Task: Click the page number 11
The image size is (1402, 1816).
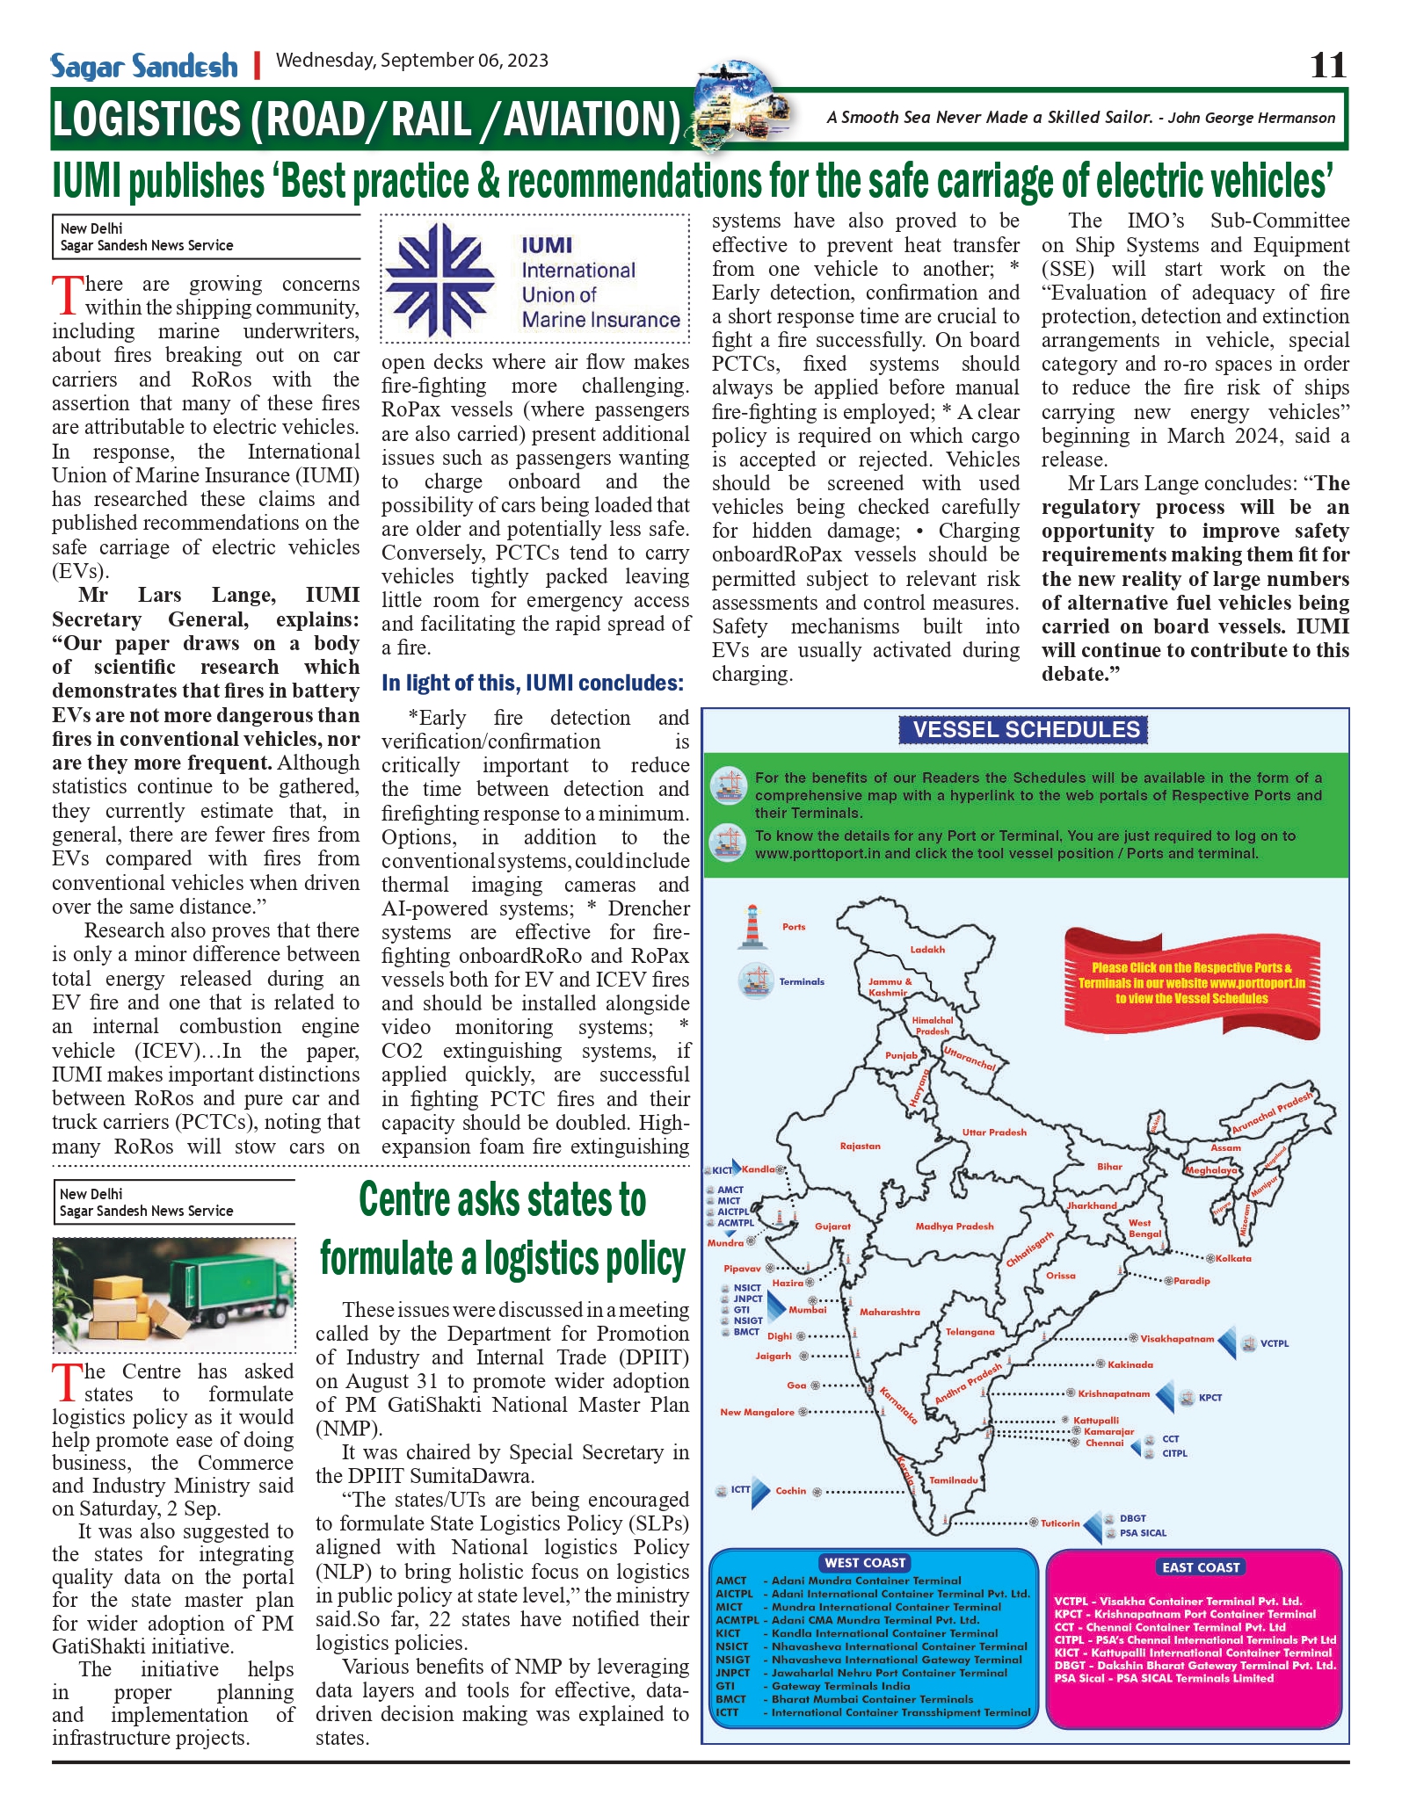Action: (1327, 66)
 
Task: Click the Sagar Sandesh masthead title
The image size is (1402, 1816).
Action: (144, 67)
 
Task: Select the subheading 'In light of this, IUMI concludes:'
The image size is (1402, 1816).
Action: (533, 683)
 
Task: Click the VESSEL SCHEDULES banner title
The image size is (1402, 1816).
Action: (1025, 729)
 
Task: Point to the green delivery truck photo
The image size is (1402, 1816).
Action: (174, 1294)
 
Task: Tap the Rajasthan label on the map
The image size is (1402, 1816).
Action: (860, 1147)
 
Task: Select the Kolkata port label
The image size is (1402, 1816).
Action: (1233, 1258)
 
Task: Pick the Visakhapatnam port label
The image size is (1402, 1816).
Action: (1177, 1339)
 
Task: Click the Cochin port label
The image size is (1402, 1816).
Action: (790, 1491)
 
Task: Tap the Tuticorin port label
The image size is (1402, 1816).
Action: (1060, 1523)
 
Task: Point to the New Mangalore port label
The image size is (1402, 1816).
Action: (757, 1412)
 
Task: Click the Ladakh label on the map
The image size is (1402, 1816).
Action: (927, 950)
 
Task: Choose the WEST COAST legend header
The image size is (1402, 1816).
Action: (865, 1562)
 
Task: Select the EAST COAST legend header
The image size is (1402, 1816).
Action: (1200, 1566)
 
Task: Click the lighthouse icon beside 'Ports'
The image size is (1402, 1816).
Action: (752, 927)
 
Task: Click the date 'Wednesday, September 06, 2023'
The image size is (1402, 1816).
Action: (412, 61)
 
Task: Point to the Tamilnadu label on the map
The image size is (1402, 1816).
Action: (954, 1480)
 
